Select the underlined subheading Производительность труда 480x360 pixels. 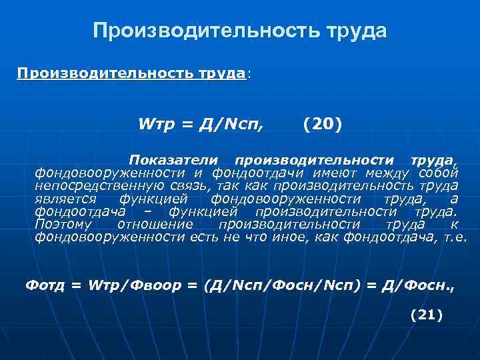point(131,73)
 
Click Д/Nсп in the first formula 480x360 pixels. point(231,124)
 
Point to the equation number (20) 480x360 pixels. point(321,124)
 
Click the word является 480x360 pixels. point(66,199)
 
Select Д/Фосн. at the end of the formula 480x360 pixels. point(419,285)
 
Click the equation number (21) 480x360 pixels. point(427,315)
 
